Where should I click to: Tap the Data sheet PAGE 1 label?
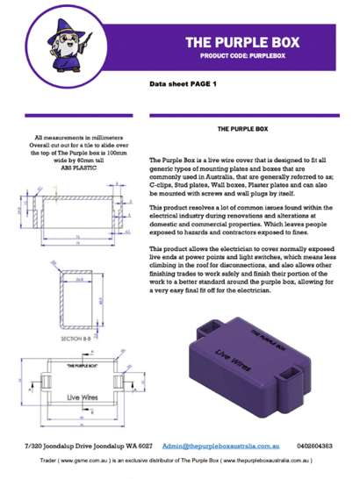[x=183, y=84]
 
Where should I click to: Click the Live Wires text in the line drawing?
[x=70, y=396]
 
